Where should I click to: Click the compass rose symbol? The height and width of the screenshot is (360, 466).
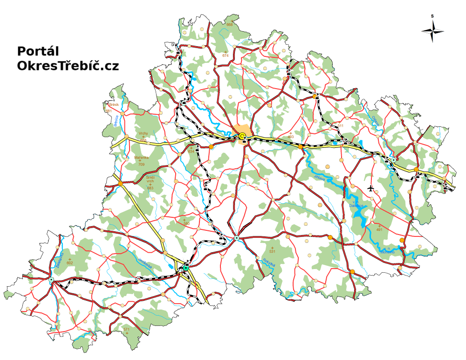(x=432, y=31)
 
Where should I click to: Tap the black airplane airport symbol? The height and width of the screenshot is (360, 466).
(x=371, y=188)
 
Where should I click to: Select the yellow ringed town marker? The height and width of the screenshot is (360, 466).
(x=242, y=136)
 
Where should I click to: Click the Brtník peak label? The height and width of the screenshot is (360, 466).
(x=114, y=105)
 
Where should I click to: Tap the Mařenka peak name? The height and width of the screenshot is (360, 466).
(x=142, y=158)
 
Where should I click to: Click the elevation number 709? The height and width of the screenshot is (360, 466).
(x=142, y=165)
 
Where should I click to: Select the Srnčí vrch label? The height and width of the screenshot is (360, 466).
(x=150, y=179)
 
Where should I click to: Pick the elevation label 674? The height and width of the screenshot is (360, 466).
(x=226, y=55)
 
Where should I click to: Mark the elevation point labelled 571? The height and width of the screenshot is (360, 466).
(x=126, y=330)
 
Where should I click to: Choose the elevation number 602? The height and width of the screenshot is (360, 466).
(x=70, y=263)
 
